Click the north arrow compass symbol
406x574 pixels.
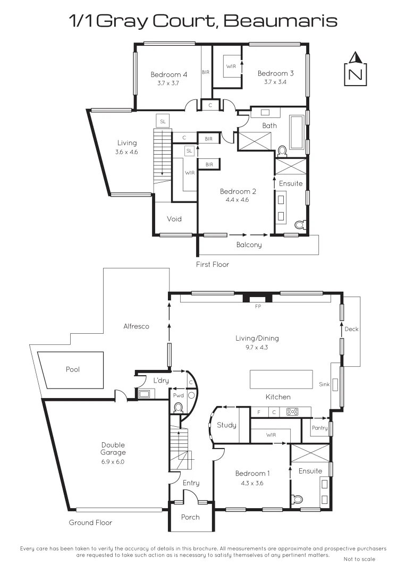356,69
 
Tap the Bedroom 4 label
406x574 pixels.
168,74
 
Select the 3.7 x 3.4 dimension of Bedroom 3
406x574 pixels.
275,82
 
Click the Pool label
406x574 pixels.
73,369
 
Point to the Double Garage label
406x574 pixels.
114,449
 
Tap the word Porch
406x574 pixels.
190,517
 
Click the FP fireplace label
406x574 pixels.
258,307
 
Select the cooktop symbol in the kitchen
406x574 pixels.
292,411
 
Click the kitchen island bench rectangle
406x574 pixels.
281,379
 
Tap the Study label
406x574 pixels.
227,425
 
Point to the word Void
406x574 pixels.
174,219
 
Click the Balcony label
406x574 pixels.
249,245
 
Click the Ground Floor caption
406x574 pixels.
90,522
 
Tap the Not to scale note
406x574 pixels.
359,559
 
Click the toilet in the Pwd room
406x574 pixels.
179,408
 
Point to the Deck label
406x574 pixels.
351,329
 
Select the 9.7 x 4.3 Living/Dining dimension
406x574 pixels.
257,347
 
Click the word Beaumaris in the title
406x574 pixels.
280,21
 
